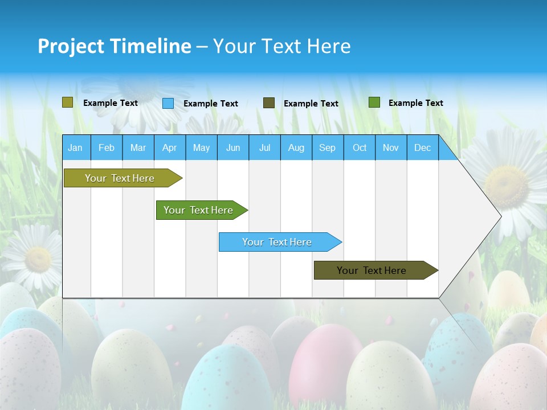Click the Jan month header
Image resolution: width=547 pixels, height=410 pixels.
(x=75, y=147)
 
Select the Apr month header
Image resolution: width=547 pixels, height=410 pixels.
(x=170, y=147)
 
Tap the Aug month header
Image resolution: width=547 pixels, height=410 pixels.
(x=296, y=147)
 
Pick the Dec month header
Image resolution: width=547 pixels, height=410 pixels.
(x=422, y=147)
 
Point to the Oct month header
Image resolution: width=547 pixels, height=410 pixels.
(x=360, y=147)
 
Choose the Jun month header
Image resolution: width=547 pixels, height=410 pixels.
(x=233, y=147)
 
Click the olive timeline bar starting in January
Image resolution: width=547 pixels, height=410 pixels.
(x=120, y=178)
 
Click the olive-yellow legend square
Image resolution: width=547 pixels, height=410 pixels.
(x=68, y=102)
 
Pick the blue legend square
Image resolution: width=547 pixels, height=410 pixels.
(x=168, y=103)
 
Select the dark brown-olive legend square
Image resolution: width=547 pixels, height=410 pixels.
(x=269, y=102)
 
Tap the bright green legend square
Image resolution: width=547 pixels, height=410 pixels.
(x=374, y=102)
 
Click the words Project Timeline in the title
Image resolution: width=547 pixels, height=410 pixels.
(x=115, y=46)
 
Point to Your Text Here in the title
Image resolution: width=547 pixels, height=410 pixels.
(x=282, y=46)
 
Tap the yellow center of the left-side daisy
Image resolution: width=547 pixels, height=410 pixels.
(x=38, y=259)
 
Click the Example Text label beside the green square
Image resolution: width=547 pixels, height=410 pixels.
(x=415, y=103)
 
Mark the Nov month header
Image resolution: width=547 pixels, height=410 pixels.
(x=391, y=147)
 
